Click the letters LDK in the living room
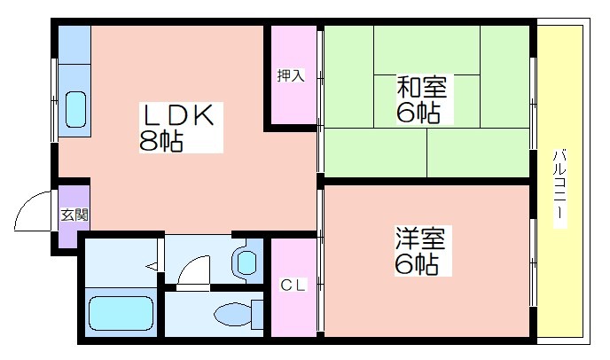pyautogui.click(x=179, y=115)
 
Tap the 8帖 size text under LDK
pyautogui.click(x=161, y=140)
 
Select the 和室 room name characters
pyautogui.click(x=422, y=87)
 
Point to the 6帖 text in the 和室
pyautogui.click(x=418, y=112)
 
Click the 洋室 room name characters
pyautogui.click(x=420, y=239)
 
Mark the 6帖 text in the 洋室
pyautogui.click(x=417, y=263)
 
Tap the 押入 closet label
pyautogui.click(x=291, y=75)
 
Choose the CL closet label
pyautogui.click(x=293, y=286)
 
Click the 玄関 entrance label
pyautogui.click(x=74, y=215)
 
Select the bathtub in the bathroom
pyautogui.click(x=121, y=313)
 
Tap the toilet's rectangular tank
pyautogui.click(x=257, y=314)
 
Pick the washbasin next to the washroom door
pyautogui.click(x=246, y=262)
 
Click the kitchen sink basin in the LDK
pyautogui.click(x=75, y=110)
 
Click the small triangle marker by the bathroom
pyautogui.click(x=152, y=267)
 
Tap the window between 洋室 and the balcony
pyautogui.click(x=534, y=262)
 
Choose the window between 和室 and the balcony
pyautogui.click(x=534, y=103)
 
